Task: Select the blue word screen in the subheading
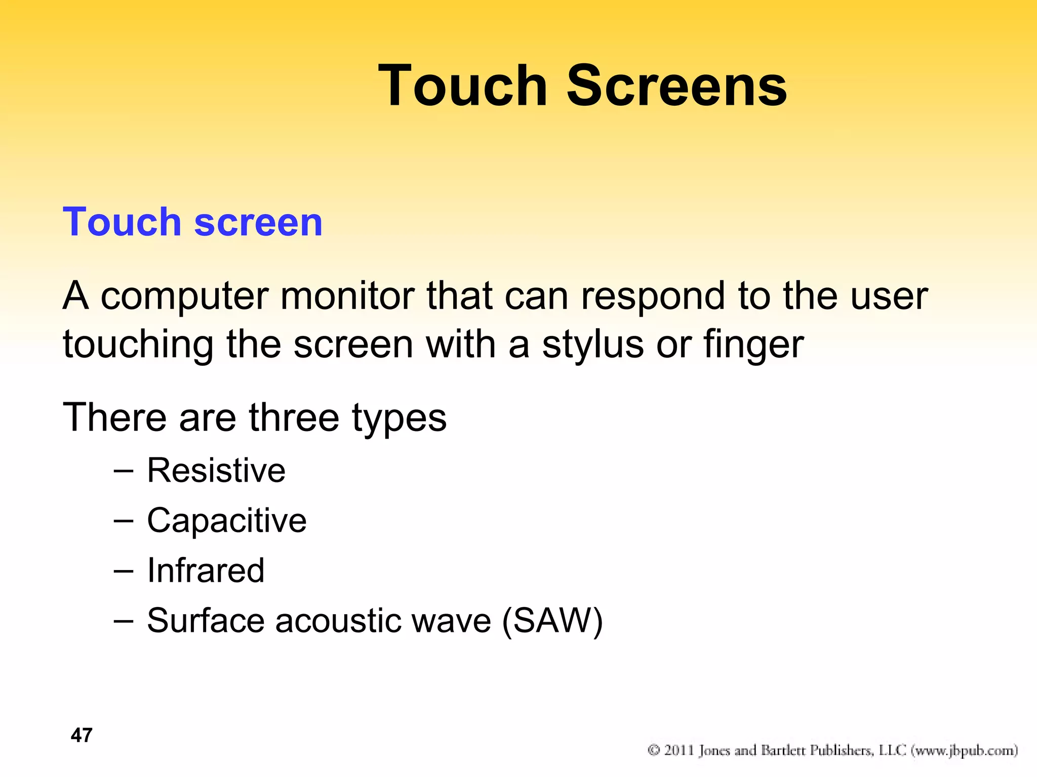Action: pos(258,223)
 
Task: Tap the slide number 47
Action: pos(82,735)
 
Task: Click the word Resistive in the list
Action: pos(216,470)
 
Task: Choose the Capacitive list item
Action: pos(226,521)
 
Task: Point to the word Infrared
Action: pos(206,571)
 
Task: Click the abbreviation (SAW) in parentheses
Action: pos(552,621)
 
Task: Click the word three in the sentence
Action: pos(294,418)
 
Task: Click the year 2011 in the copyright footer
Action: pos(679,750)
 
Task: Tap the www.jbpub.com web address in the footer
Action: pos(964,751)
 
